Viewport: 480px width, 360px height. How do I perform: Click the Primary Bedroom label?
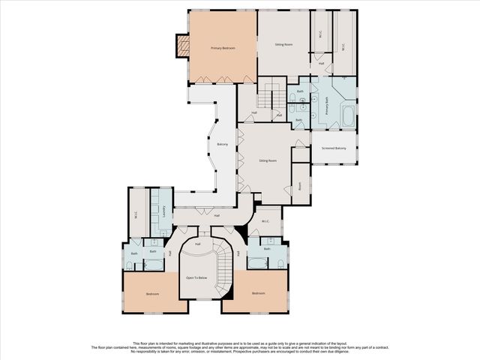coord(223,48)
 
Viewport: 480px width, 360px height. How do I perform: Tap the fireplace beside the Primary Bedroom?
coord(180,47)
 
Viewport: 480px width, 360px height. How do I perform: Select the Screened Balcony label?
coord(334,148)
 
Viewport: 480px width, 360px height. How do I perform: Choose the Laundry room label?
coord(163,212)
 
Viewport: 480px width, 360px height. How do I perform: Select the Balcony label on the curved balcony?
coord(223,144)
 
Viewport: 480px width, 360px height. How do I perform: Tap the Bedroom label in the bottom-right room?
coord(259,292)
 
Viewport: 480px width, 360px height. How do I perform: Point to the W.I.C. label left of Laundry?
coord(136,214)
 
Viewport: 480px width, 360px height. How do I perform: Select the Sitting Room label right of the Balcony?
coord(268,160)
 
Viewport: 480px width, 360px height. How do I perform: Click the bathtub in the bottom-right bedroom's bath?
coord(257,262)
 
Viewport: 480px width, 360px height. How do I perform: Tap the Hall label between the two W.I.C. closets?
coord(321,63)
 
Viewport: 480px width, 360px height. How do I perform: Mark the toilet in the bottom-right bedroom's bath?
coord(279,263)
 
